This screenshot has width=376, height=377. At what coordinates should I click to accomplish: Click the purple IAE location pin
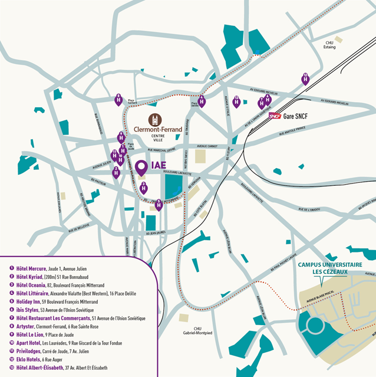(x=141, y=168)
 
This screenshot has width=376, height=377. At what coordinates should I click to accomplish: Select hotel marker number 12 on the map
(x=305, y=78)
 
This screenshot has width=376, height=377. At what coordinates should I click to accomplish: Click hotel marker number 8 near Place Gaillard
(x=118, y=100)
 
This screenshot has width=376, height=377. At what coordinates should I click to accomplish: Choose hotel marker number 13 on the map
(x=236, y=101)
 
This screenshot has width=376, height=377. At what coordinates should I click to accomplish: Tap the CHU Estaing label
(x=329, y=45)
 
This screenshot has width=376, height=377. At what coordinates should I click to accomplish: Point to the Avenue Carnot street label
(x=207, y=146)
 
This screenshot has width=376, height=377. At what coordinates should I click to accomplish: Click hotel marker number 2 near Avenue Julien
(x=116, y=172)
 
